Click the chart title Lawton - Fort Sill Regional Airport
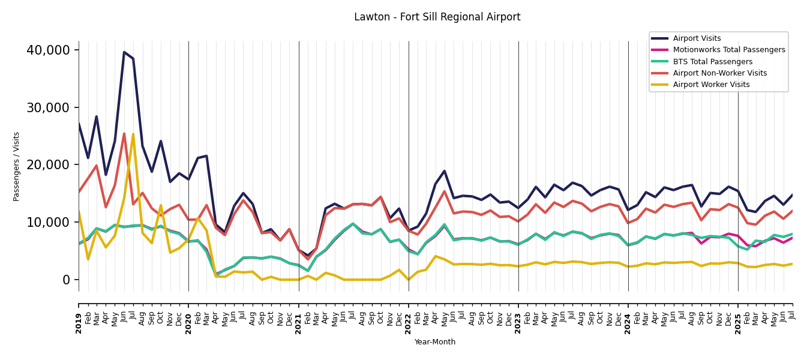click(437, 17)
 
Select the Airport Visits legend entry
click(697, 38)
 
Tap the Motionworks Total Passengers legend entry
click(728, 50)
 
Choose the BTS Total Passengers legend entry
click(712, 62)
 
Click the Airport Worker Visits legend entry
click(711, 85)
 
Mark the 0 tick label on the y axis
click(66, 280)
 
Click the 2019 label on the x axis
click(79, 315)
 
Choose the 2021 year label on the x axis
click(299, 315)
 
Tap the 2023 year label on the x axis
click(518, 315)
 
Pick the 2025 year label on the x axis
click(738, 315)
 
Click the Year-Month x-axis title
click(435, 342)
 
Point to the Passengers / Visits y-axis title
click(17, 166)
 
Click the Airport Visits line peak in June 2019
click(124, 52)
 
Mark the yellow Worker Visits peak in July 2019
click(133, 134)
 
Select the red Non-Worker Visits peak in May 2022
click(445, 191)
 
